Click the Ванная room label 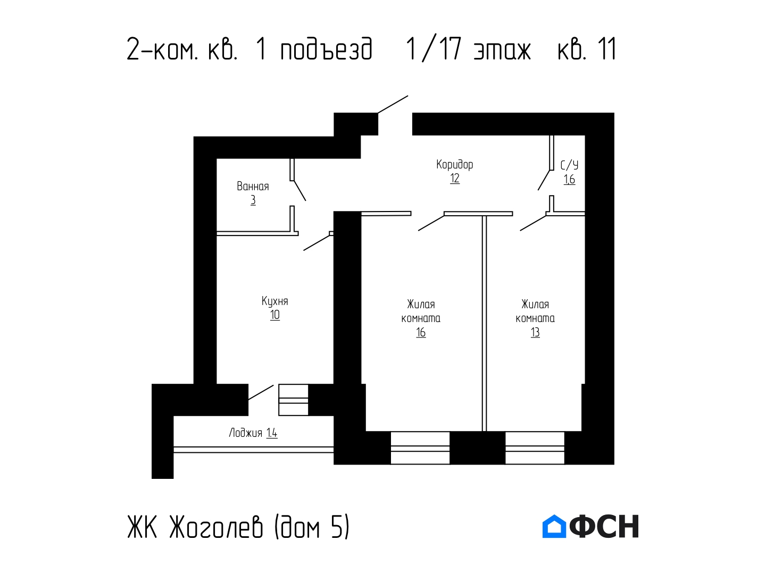pos(253,187)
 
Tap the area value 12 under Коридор pos(454,179)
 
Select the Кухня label pos(274,301)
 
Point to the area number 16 pos(421,333)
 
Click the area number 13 pos(535,333)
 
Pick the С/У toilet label pos(569,165)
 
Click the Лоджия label pos(245,433)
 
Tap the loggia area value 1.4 pos(272,433)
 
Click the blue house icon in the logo pos(554,526)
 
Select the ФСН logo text pos(604,526)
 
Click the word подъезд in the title pos(326,50)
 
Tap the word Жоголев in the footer pos(215,527)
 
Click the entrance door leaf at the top pos(393,104)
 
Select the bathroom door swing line pos(300,191)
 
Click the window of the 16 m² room pos(420,448)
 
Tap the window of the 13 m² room pos(535,448)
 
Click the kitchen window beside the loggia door pos(293,400)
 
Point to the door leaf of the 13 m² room pos(533,223)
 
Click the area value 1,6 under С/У pos(569,180)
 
